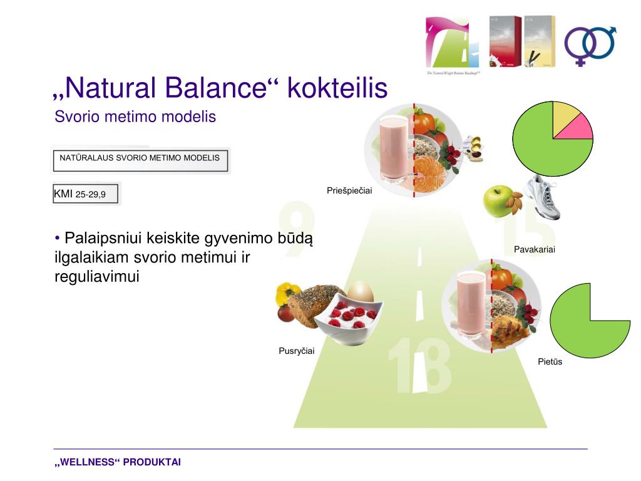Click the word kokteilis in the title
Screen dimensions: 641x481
pyautogui.click(x=337, y=88)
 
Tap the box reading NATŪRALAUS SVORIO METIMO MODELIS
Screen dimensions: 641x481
pyautogui.click(x=140, y=160)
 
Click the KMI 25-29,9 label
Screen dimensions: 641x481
pyautogui.click(x=80, y=194)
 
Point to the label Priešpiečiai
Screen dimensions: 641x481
pyautogui.click(x=349, y=190)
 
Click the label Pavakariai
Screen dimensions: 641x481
pyautogui.click(x=535, y=249)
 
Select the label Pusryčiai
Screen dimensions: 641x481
pyautogui.click(x=296, y=351)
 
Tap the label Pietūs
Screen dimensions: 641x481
pyautogui.click(x=550, y=361)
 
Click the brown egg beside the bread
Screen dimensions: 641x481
pyautogui.click(x=360, y=292)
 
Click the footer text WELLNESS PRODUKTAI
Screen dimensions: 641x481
pyautogui.click(x=118, y=462)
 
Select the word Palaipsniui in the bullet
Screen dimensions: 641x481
pyautogui.click(x=101, y=239)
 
